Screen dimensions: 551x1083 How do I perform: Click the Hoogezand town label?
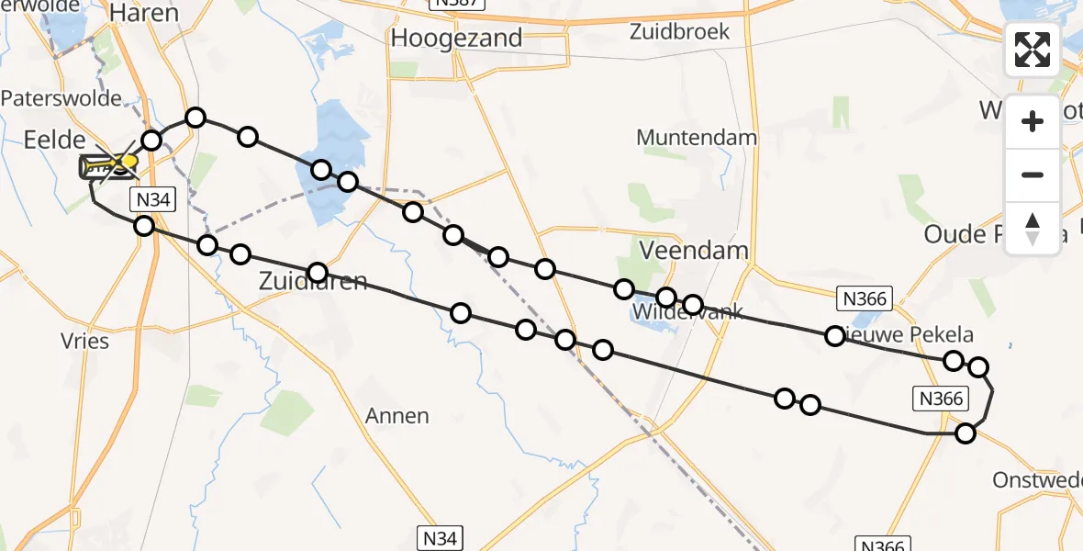[456, 39]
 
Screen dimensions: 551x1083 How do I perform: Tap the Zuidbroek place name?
[679, 32]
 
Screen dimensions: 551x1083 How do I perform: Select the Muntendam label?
[698, 138]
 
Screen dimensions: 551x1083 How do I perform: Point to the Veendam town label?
[694, 250]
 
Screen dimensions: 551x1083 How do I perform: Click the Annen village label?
[396, 416]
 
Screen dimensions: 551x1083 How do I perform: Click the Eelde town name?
[54, 141]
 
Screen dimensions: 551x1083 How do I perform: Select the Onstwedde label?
[1037, 480]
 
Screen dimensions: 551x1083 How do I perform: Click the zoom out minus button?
[1033, 175]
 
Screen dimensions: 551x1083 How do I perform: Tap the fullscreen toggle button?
[1033, 50]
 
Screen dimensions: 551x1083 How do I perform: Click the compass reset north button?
[1033, 228]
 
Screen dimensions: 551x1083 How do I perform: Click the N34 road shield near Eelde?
[151, 199]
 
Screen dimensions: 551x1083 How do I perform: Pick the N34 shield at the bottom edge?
[440, 538]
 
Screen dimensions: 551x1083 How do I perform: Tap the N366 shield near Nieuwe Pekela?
[865, 298]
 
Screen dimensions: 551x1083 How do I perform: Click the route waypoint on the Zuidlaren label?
[318, 273]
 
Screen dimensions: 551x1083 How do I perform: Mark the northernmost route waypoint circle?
[195, 117]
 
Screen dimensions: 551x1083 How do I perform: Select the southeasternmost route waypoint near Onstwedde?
[966, 433]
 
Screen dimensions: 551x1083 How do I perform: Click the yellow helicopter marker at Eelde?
[123, 163]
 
